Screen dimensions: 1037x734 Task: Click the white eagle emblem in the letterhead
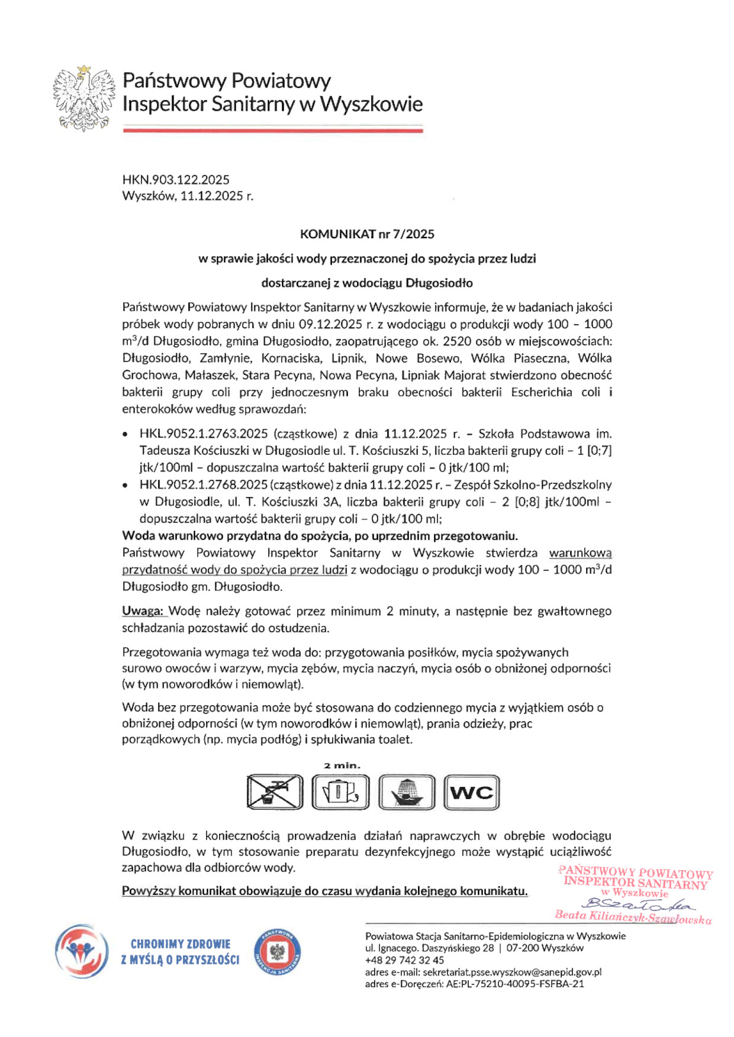pyautogui.click(x=84, y=98)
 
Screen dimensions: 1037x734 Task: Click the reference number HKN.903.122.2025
pyautogui.click(x=175, y=180)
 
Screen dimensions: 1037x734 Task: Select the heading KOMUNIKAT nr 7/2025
pyautogui.click(x=367, y=234)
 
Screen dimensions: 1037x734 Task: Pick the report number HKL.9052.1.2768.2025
pyautogui.click(x=203, y=485)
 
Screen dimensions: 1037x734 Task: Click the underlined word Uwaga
pyautogui.click(x=142, y=611)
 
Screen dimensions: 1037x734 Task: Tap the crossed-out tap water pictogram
pyautogui.click(x=275, y=791)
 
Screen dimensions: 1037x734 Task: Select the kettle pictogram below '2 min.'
pyautogui.click(x=341, y=791)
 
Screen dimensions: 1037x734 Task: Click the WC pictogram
pyautogui.click(x=472, y=792)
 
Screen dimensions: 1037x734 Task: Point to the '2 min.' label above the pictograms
pyautogui.click(x=342, y=766)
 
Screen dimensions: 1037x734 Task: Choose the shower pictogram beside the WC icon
pyautogui.click(x=406, y=791)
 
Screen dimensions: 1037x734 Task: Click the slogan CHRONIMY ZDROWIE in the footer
pyautogui.click(x=180, y=944)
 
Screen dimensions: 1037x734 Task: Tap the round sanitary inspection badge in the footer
pyautogui.click(x=277, y=951)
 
